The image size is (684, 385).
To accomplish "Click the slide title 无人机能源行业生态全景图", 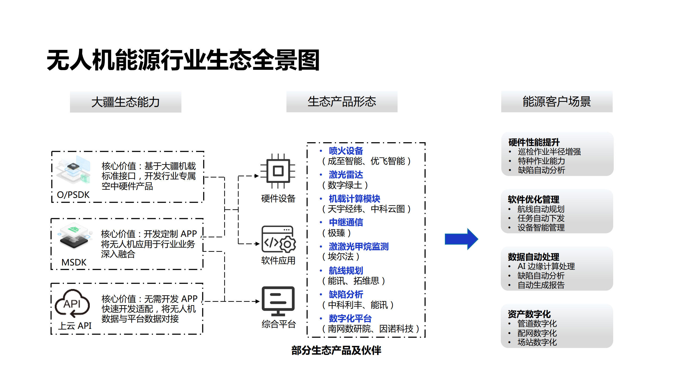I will (183, 60).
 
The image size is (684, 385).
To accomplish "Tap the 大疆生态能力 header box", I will (126, 102).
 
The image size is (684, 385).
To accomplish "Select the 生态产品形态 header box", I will (342, 102).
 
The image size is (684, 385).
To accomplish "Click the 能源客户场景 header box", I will (557, 102).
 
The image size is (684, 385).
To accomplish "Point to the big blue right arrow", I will (461, 239).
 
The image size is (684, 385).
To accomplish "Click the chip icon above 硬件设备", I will (278, 171).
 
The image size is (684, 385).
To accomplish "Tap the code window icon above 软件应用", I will (278, 239).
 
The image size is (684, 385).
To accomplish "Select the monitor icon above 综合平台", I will (278, 301).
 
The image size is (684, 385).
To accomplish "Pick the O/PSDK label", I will (73, 195).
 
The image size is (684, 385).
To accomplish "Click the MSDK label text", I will (74, 262).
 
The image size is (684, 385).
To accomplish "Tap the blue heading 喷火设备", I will (346, 151).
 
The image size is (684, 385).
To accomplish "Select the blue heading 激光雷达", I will (346, 175).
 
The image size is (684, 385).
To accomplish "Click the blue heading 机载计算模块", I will (354, 199).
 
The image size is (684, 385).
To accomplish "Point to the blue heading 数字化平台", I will (350, 318).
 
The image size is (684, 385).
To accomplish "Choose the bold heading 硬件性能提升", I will (534, 142).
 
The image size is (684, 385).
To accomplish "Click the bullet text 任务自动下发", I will (541, 218).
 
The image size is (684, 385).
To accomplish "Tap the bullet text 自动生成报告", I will (541, 285).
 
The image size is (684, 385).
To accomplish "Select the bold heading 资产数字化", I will (529, 314).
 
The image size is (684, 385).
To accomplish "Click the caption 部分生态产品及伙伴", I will (336, 351).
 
